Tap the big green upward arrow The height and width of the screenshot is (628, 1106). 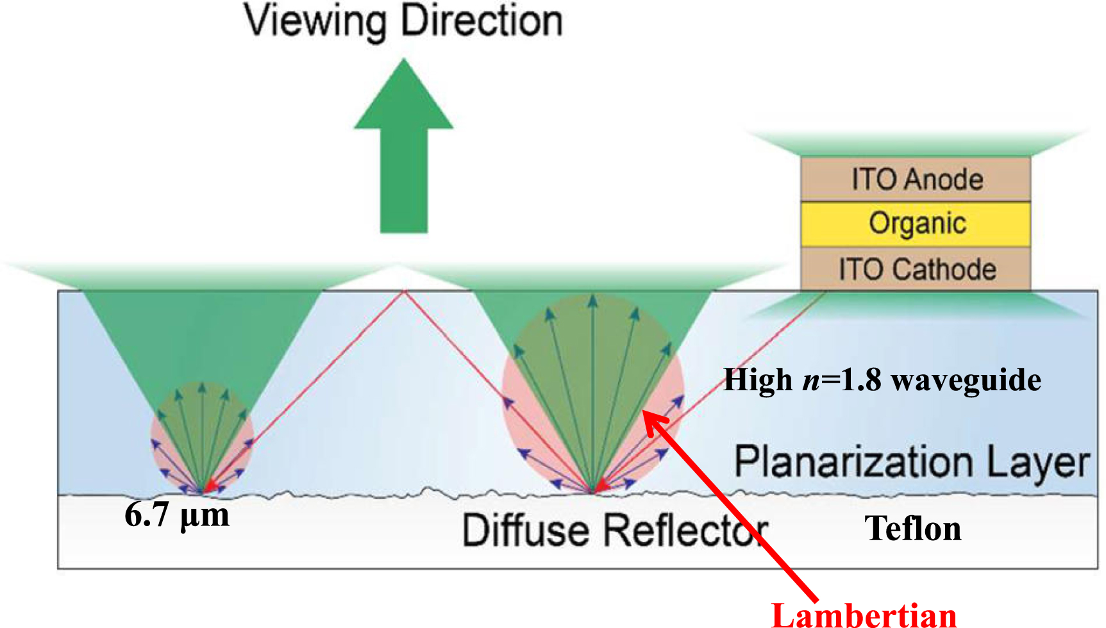point(404,147)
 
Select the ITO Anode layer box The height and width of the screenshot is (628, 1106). point(916,179)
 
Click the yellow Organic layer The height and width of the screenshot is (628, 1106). point(916,224)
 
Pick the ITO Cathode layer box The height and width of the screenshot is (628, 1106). point(916,269)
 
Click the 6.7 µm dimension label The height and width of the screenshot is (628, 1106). point(177,515)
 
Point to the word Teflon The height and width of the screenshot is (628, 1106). point(913,529)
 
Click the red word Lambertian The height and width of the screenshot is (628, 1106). point(864,614)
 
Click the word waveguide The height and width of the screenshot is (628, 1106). point(966,380)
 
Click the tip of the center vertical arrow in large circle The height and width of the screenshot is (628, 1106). point(593,299)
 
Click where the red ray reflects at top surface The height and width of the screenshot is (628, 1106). point(404,292)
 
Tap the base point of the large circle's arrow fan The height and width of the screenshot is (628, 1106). point(593,491)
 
